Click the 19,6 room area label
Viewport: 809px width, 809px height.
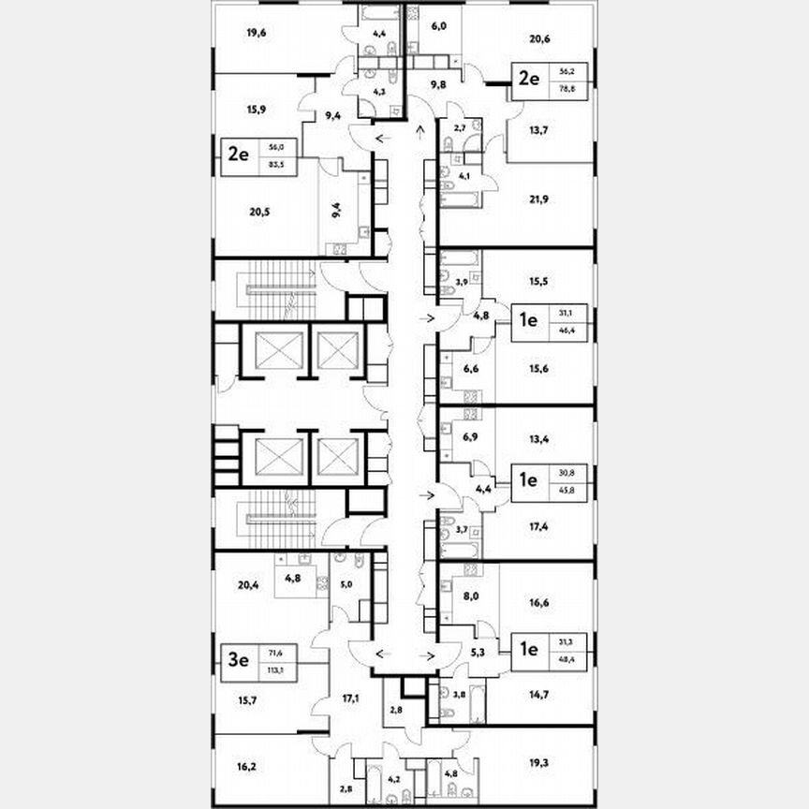click(x=257, y=34)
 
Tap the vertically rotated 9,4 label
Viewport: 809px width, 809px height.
click(x=335, y=210)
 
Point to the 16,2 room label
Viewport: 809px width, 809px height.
click(x=246, y=765)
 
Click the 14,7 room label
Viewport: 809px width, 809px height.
click(x=538, y=696)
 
